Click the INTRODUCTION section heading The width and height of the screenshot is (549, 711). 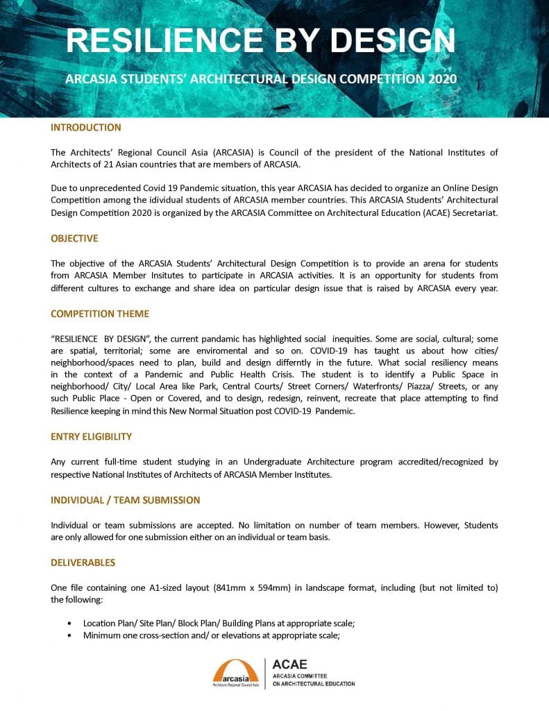pos(86,128)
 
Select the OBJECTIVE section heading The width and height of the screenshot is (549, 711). pos(74,238)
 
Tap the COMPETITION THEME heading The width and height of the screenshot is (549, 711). pos(100,314)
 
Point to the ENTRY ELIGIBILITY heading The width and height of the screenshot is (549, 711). pos(92,437)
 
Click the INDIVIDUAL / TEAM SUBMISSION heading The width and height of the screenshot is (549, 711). pos(126,500)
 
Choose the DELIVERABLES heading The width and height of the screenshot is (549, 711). pos(83,562)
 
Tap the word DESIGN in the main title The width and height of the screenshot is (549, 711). pos(389,41)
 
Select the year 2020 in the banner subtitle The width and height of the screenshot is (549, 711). pos(439,78)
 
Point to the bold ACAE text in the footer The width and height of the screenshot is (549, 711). pos(289,664)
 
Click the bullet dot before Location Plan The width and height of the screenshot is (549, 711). pos(69,624)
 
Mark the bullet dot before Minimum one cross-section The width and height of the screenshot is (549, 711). pos(69,635)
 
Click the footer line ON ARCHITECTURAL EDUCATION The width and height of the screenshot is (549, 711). pos(313,684)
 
